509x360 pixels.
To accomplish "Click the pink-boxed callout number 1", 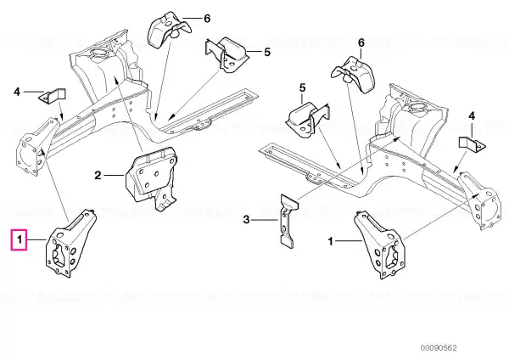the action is [20, 240].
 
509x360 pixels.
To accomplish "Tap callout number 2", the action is [98, 176].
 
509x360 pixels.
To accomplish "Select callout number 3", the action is [247, 220].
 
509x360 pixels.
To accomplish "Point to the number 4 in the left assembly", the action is [17, 92].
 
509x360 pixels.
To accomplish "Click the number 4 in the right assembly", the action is [472, 115].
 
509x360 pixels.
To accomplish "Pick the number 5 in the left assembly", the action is [267, 52].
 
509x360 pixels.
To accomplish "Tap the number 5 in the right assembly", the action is [302, 87].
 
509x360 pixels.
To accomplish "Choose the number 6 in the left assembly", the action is [207, 18].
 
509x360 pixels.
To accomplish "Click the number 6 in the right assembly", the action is [361, 42].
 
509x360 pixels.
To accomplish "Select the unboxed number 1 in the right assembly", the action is [331, 241].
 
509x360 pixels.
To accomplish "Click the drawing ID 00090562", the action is [439, 347].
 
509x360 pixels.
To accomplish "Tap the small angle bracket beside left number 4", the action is [53, 97].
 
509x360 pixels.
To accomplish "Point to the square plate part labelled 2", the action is [151, 177].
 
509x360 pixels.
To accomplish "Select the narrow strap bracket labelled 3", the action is [288, 221].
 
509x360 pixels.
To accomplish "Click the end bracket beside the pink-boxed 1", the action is [70, 244].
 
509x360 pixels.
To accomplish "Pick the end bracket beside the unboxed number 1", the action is [379, 245].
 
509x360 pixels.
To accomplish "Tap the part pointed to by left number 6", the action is [169, 29].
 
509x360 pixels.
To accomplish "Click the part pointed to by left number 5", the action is [227, 54].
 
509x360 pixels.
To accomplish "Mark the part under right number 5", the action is [308, 120].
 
